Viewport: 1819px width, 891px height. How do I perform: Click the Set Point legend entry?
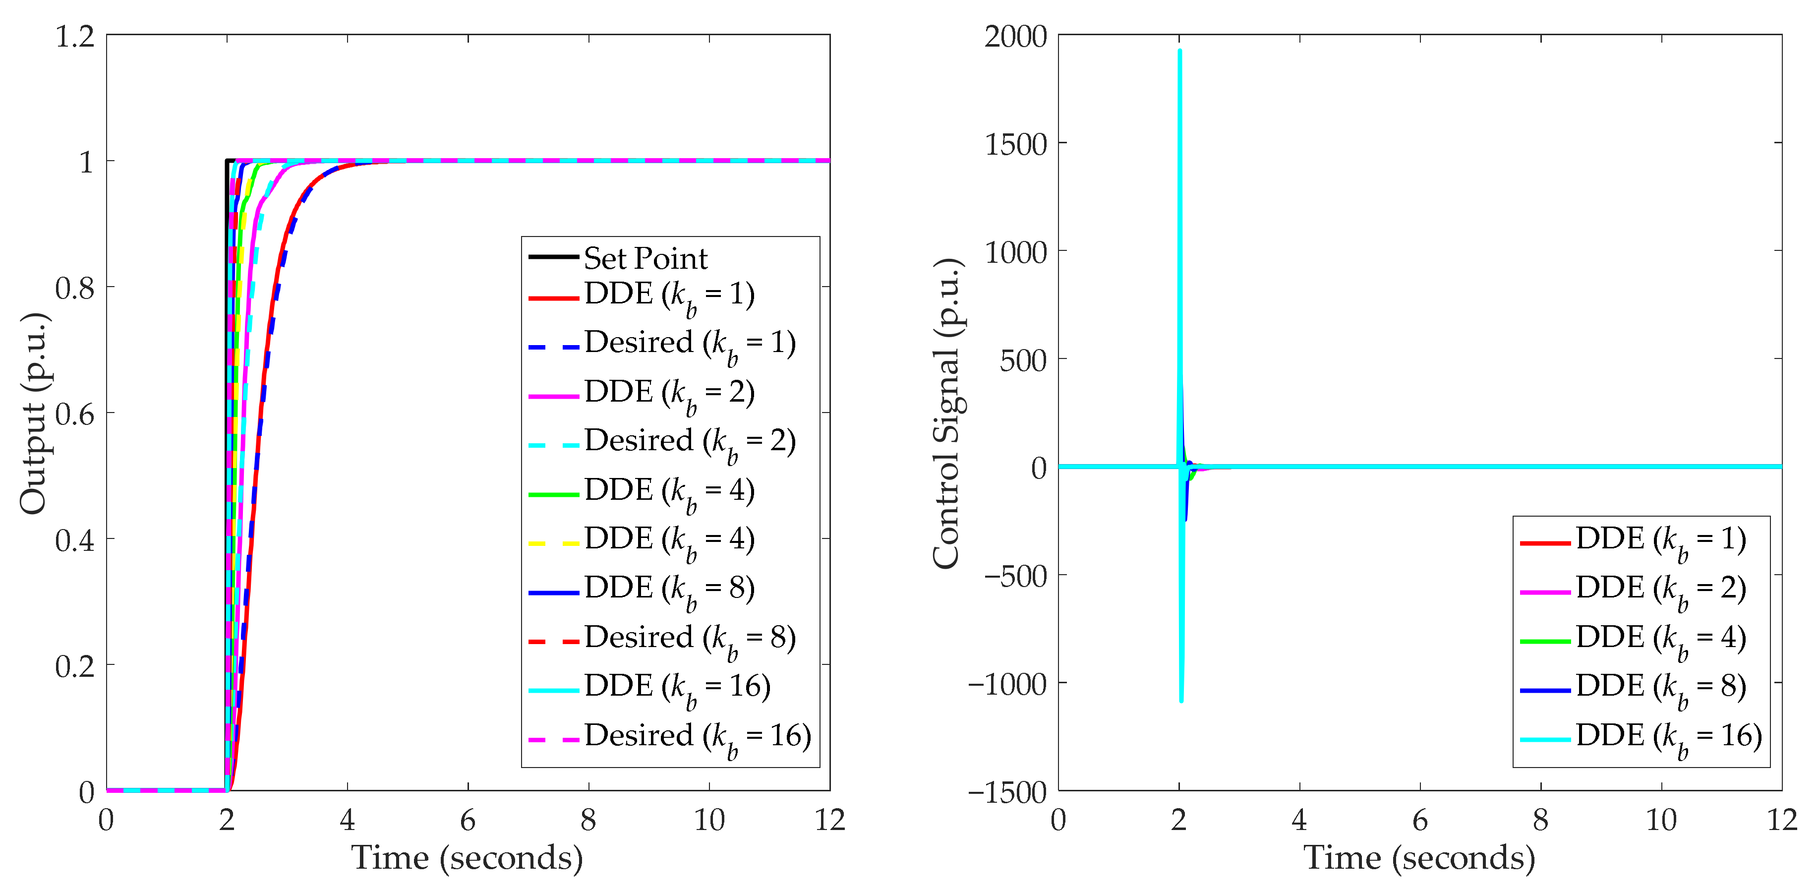[x=645, y=258]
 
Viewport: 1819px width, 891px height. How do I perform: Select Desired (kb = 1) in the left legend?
[x=689, y=344]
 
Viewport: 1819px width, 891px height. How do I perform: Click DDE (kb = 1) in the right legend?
[x=1659, y=540]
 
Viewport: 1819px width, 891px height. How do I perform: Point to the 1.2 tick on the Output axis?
[x=75, y=37]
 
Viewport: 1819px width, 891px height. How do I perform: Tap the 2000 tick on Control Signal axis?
[x=1015, y=37]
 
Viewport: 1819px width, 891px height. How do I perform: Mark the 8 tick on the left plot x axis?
[x=588, y=821]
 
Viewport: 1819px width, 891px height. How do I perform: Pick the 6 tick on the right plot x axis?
[x=1419, y=821]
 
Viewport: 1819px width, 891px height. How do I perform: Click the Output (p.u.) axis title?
[x=33, y=413]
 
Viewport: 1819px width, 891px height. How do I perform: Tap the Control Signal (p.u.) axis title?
[x=946, y=413]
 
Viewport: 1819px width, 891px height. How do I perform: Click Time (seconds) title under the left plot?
[x=468, y=858]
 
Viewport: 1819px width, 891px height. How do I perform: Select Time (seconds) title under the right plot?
[x=1419, y=858]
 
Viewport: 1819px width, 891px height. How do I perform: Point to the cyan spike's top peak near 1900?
[x=1180, y=51]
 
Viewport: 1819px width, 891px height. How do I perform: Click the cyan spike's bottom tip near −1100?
[x=1181, y=700]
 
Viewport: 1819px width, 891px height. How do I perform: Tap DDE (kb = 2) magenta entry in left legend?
[x=669, y=393]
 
